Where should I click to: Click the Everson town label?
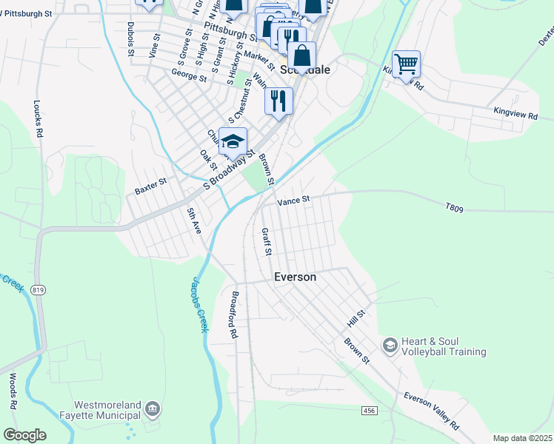(295, 277)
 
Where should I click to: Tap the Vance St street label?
(293, 201)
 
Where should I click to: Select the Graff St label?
(267, 242)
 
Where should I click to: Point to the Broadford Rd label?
(233, 314)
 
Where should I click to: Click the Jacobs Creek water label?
(197, 304)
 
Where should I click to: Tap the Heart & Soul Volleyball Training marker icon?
(390, 346)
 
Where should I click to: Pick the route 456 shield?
(370, 410)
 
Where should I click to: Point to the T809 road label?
(454, 209)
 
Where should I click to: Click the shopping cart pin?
(406, 64)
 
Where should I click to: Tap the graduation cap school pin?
(233, 141)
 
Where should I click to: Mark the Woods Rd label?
(13, 391)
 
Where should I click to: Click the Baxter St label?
(150, 186)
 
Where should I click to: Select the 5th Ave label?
(194, 221)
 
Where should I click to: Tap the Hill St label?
(356, 320)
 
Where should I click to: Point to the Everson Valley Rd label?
(431, 411)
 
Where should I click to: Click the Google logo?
(24, 435)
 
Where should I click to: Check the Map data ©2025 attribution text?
(521, 438)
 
